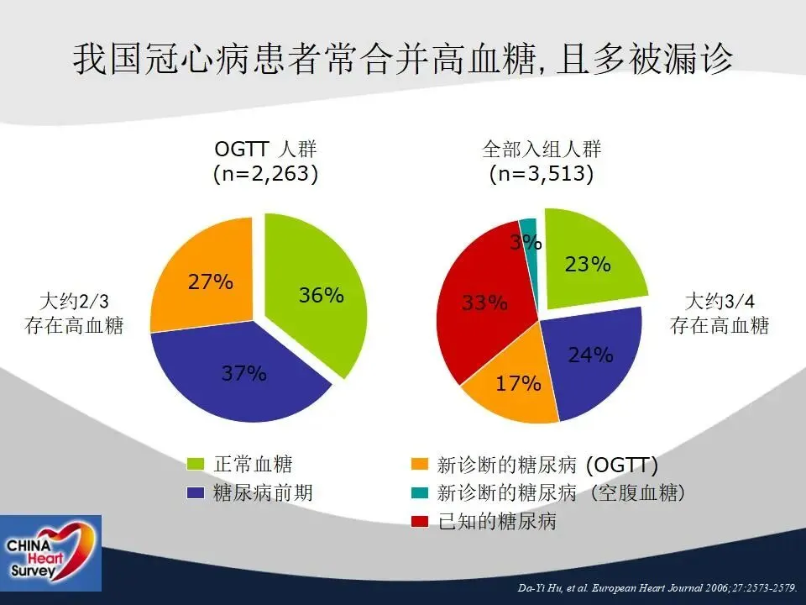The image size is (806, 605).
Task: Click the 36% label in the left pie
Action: pos(322,295)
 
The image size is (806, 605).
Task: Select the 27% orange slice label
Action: pos(210,281)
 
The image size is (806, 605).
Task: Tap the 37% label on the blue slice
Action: pos(243,372)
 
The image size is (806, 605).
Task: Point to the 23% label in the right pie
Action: pos(588,264)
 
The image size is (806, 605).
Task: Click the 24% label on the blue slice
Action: pos(590,355)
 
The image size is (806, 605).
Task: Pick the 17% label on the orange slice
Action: pos(518,383)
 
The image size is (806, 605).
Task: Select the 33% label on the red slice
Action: pos(484,302)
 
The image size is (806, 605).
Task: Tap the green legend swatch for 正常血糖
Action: pos(196,464)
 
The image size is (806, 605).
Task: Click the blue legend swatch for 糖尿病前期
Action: pos(196,492)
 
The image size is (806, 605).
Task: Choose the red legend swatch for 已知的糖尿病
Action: pos(420,521)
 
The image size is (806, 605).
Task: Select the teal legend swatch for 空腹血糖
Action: pos(420,492)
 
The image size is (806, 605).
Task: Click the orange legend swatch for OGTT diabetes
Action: pos(420,464)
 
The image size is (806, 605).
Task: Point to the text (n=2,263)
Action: pos(266,173)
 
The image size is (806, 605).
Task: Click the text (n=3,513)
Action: pos(542,173)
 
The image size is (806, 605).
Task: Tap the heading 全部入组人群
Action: pos(542,150)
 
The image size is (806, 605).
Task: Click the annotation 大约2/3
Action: pos(75,302)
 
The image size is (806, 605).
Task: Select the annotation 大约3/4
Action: pos(720,302)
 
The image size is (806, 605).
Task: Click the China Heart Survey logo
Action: pos(50,553)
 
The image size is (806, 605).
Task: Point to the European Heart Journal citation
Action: pos(657,587)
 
